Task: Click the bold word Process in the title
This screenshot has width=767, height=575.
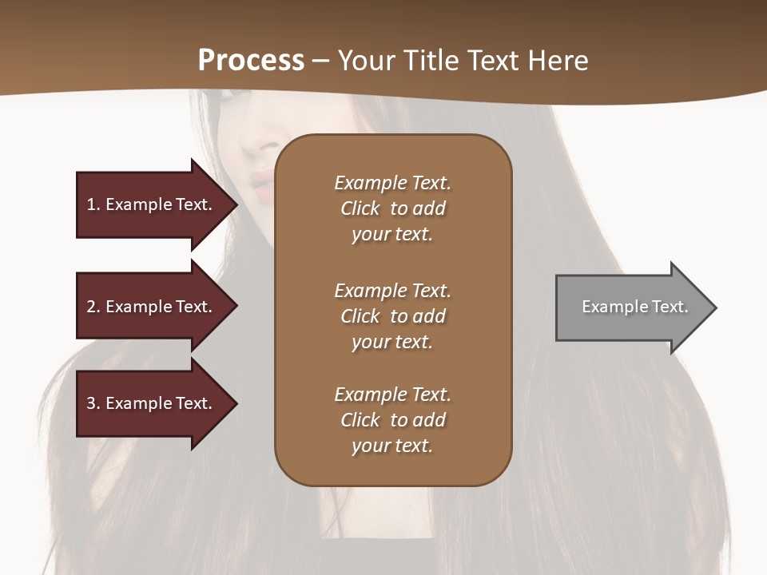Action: click(251, 61)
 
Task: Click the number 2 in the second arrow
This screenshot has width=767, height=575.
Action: click(91, 307)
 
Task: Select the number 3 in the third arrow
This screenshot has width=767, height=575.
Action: click(91, 404)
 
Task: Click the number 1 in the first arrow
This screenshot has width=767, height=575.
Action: click(91, 204)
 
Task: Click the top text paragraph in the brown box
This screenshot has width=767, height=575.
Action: click(392, 208)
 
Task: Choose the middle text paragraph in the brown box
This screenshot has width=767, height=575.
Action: click(392, 316)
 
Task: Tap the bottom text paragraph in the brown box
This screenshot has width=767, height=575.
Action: click(392, 420)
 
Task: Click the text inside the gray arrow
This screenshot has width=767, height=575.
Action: click(635, 307)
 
